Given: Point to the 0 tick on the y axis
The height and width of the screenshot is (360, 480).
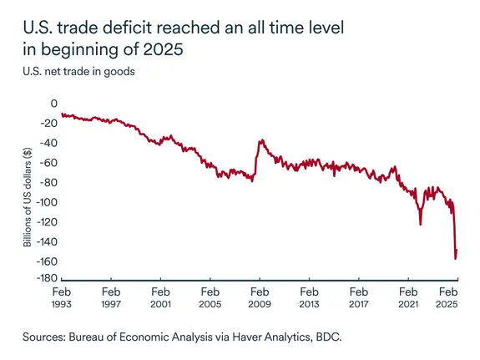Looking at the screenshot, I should tap(54, 104).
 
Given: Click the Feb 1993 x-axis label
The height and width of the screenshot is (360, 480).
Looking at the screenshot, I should tap(61, 298).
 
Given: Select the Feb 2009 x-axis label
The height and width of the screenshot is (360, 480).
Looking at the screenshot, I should tap(259, 298).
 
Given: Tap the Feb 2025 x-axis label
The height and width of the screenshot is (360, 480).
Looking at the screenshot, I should tap(449, 298).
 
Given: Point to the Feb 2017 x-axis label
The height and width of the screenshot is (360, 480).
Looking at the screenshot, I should tap(358, 298).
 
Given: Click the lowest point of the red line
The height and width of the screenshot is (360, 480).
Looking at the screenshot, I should tap(455, 259).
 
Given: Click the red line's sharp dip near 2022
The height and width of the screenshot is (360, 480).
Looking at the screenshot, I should tap(421, 224).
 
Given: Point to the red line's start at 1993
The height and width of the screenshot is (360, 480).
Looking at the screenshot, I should tap(63, 114).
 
